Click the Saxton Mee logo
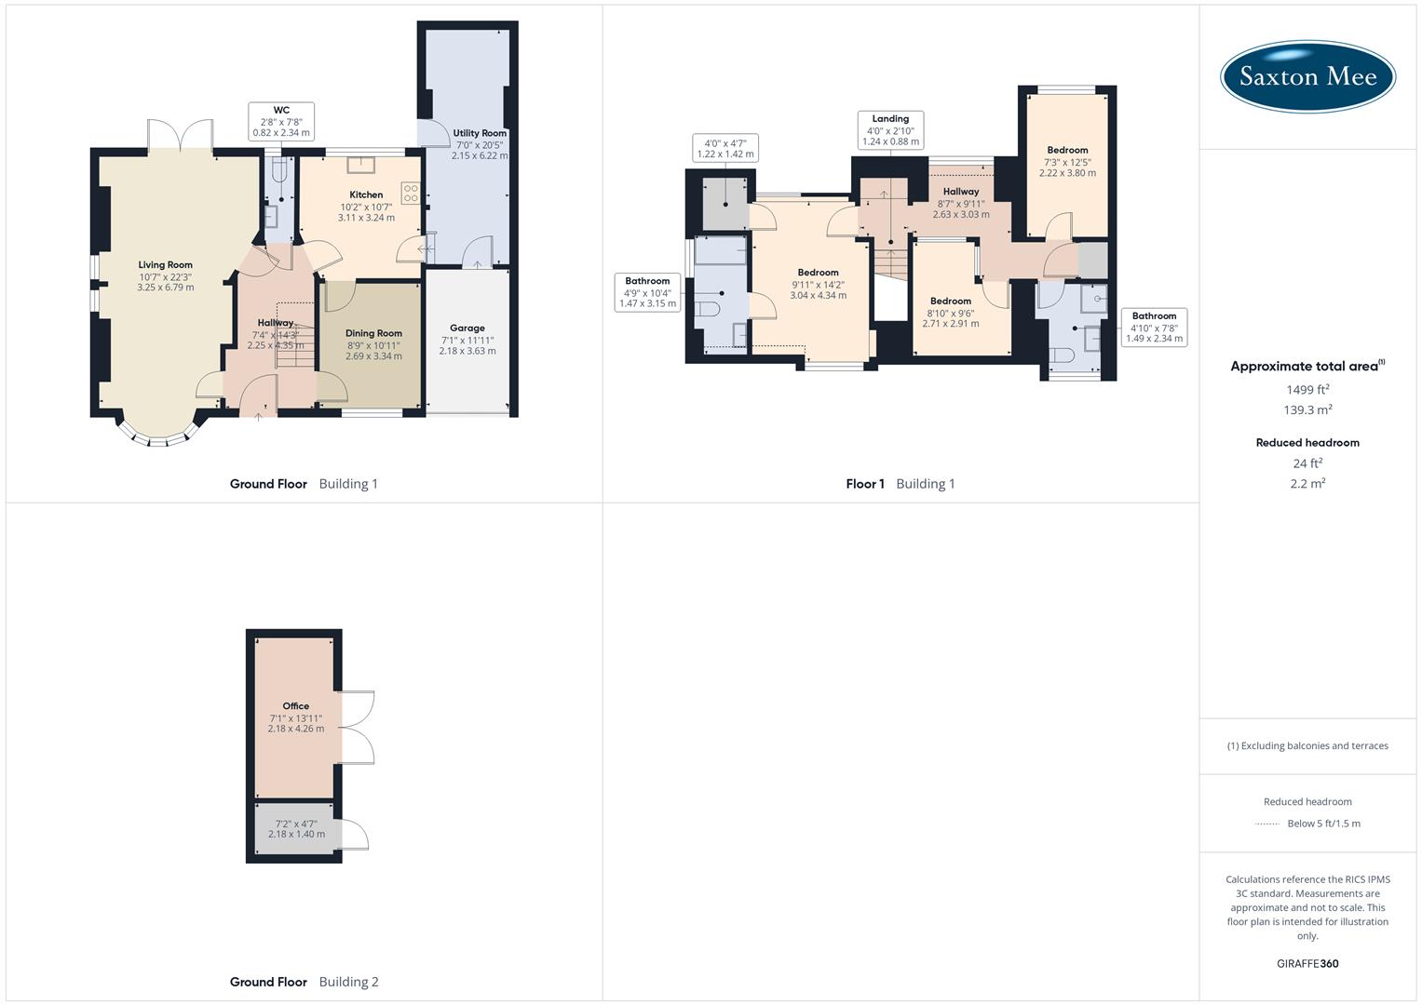coord(1307,77)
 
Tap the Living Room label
coord(166,265)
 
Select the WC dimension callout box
coord(281,122)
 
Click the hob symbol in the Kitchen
coord(410,194)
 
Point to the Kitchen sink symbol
coord(359,166)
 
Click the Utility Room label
coord(480,133)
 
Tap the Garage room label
coord(467,328)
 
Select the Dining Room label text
coord(373,333)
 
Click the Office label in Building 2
coord(296,706)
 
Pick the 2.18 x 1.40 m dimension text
coord(296,835)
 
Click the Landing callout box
coord(890,130)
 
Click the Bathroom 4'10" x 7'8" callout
coord(1154,328)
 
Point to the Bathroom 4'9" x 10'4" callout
coord(647,292)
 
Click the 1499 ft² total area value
coord(1307,390)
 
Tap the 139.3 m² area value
coord(1307,410)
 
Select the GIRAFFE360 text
coord(1307,963)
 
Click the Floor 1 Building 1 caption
coord(900,484)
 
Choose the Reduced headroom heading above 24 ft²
coord(1307,443)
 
